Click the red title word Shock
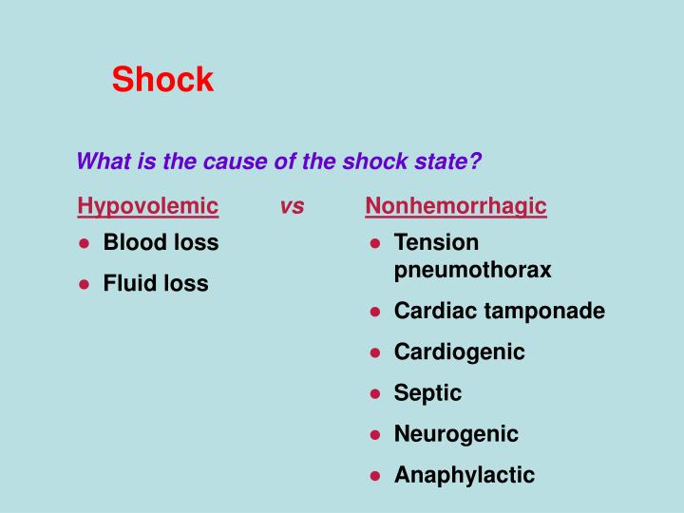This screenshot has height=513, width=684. [x=162, y=80]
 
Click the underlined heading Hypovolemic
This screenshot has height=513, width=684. [x=148, y=206]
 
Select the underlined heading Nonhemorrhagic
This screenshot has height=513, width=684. [x=456, y=206]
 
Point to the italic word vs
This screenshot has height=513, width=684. [x=293, y=207]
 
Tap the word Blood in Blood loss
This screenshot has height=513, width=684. [x=132, y=242]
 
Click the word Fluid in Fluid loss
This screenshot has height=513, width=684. [x=129, y=283]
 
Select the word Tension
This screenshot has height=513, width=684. [x=436, y=242]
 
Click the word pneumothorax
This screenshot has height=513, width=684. [x=472, y=270]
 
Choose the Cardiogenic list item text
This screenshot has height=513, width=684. [x=459, y=351]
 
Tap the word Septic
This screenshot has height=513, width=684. [x=427, y=392]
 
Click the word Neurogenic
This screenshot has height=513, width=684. [x=456, y=434]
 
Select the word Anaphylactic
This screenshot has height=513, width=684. [x=465, y=475]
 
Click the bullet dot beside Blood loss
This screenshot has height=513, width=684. [x=85, y=243]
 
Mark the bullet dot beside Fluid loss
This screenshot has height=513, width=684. [x=85, y=284]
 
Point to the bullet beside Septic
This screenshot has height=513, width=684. [x=375, y=393]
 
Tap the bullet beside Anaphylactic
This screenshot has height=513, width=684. [x=375, y=476]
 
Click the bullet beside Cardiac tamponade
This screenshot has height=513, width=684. [x=375, y=312]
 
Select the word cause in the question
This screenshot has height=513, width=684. [x=243, y=161]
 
